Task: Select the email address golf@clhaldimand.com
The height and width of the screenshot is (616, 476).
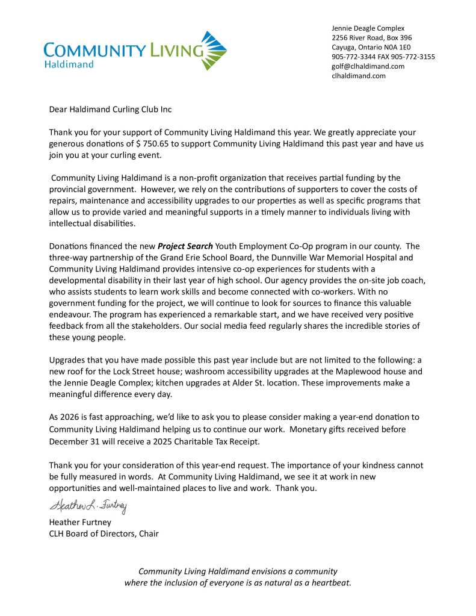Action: tap(368, 66)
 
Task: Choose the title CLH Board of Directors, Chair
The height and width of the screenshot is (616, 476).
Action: tap(104, 533)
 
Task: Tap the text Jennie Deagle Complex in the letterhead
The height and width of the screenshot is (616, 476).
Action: tap(368, 28)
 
